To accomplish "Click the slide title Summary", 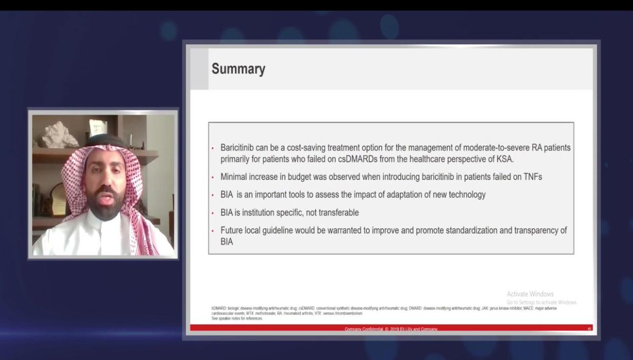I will (238, 69).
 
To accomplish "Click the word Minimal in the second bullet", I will (235, 177).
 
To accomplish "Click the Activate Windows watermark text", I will (530, 294).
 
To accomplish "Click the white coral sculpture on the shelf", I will (60, 136).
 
